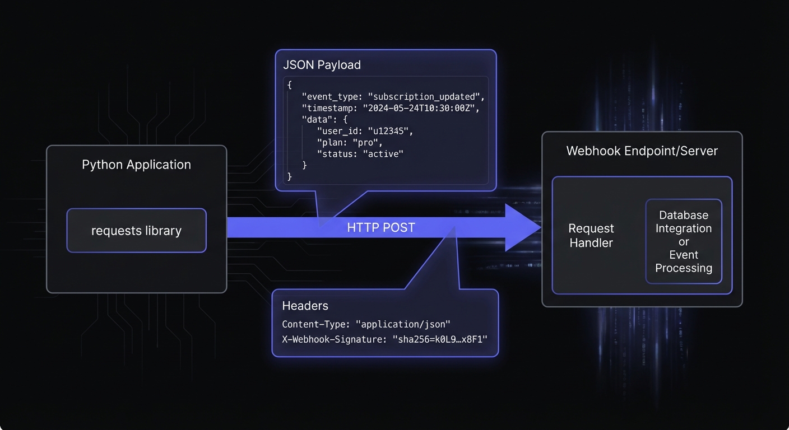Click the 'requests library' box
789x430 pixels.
[x=136, y=231]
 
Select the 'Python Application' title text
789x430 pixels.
[x=136, y=165]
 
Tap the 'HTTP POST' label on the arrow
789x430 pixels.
[x=381, y=227]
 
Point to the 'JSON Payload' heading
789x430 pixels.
[x=322, y=65]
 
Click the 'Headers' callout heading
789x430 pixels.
[x=305, y=306]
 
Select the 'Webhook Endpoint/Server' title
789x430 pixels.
[x=642, y=151]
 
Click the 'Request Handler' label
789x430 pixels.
[x=591, y=236]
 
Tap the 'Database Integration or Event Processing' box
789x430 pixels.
[x=683, y=241]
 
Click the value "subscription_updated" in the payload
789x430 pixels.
[x=426, y=96]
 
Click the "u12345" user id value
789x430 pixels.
[x=389, y=131]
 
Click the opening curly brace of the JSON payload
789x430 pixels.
[x=289, y=85]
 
